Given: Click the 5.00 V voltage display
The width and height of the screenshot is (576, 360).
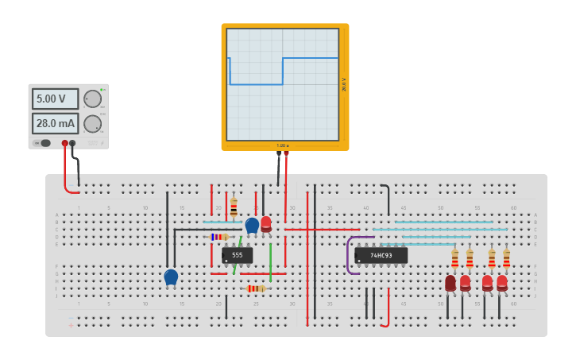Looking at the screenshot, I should coord(55,99).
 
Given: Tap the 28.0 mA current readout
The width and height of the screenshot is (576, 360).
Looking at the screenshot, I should coord(55,123).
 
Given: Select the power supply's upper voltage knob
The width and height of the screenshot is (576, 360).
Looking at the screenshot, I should coord(92,99).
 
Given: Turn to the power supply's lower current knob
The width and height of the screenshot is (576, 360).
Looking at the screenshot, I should coord(92,124).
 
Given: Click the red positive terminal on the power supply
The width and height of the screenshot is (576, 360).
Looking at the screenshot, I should coord(65,143).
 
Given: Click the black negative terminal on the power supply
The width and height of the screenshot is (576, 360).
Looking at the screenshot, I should coord(73,143).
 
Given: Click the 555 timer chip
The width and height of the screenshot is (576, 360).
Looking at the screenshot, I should coord(237,255).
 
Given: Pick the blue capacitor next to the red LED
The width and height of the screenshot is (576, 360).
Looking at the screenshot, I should coord(252,225).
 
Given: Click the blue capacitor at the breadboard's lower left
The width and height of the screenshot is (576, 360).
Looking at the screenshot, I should coord(171,276).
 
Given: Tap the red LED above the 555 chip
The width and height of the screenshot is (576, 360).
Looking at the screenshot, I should coord(266,223).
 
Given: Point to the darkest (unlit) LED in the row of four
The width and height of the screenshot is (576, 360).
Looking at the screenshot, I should coord(450,282).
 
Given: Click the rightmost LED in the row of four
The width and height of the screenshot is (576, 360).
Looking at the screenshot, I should coord(502,282).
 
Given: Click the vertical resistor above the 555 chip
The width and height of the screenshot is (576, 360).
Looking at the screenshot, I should coord(234,207).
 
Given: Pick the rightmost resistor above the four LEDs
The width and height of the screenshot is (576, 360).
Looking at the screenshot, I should coord(506,257).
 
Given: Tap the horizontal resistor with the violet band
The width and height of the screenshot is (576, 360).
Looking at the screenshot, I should coord(218,237).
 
